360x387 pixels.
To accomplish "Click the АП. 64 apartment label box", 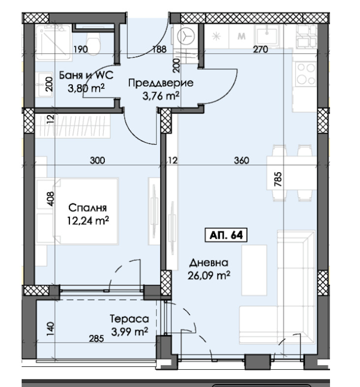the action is coord(226,235).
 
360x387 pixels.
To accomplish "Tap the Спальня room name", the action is coord(88,208).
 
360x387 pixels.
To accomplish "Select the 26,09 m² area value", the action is coord(209,275).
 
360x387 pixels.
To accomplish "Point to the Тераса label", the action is coord(129,319).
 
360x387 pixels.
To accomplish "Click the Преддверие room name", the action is coord(161,83).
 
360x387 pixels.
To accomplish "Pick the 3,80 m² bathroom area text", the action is coord(86,88).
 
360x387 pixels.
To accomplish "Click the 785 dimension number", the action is coord(278,179).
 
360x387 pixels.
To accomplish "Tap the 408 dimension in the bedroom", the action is coord(50,199).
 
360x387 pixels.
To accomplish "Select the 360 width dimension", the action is coord(241,161).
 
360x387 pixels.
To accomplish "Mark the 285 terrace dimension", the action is coord(96,339).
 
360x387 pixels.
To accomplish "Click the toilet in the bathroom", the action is coord(93,42).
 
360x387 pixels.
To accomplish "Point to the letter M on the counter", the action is coord(241,36).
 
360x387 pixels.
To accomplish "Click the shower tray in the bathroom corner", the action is coord(53,42).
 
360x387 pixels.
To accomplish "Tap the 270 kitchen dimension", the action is coord(261,49).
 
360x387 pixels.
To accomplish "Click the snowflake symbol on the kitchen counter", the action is coord(216,36).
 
